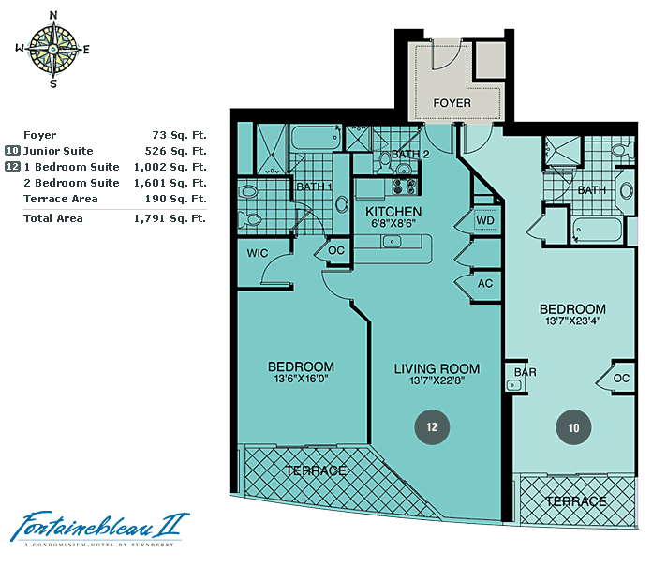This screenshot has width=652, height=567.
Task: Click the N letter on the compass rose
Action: (x=53, y=15)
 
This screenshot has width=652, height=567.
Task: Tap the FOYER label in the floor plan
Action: (x=452, y=103)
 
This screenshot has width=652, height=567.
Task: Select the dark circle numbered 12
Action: (x=432, y=427)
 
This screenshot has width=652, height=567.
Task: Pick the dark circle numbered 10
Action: (x=574, y=427)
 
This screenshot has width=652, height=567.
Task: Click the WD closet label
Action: (x=485, y=220)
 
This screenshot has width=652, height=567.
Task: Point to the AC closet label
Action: (x=485, y=284)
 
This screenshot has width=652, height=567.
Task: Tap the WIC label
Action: (x=258, y=253)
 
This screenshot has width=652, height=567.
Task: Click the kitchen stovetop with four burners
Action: (x=404, y=187)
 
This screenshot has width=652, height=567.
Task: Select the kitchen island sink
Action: (x=392, y=241)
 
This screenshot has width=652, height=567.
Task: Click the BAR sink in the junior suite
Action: (x=512, y=385)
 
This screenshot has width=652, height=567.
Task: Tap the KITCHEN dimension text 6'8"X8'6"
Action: (x=393, y=223)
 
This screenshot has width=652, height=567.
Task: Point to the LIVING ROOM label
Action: (x=437, y=368)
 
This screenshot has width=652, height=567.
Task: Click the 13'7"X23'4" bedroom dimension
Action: (x=572, y=321)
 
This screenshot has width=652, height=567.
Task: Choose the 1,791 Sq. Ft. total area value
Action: (x=170, y=218)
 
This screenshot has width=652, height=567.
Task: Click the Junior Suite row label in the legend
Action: (x=58, y=151)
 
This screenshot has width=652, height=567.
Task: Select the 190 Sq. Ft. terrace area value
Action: (x=175, y=199)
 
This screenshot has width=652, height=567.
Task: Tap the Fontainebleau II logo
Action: (x=100, y=527)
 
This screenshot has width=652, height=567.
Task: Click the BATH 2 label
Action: (x=410, y=154)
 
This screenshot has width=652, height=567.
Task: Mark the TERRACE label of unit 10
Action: (x=576, y=501)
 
